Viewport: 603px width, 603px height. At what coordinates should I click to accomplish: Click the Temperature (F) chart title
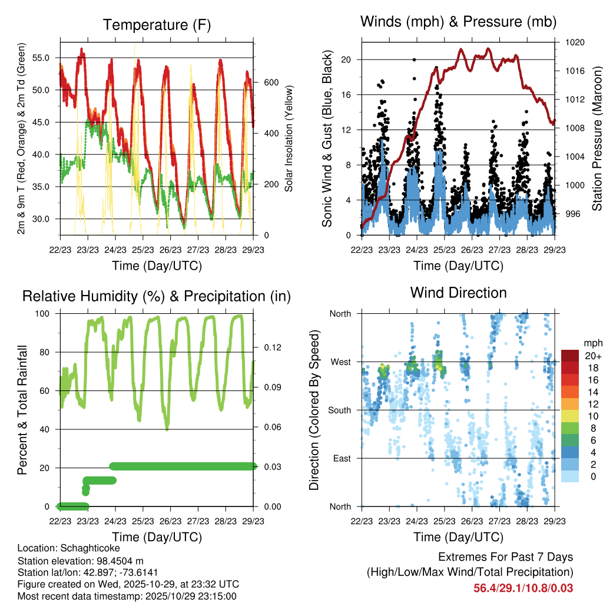[157, 25]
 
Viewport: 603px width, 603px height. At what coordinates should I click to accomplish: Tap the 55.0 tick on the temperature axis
[48, 58]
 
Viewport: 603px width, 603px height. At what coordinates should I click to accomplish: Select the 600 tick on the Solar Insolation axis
[270, 82]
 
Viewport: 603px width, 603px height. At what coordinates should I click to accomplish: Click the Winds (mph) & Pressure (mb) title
[458, 22]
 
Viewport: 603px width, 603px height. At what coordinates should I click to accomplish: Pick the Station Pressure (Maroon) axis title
[597, 138]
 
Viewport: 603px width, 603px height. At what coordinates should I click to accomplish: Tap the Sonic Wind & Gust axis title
[327, 140]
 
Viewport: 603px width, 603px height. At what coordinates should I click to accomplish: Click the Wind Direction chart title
[458, 292]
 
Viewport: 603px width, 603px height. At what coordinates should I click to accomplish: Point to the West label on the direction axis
[340, 362]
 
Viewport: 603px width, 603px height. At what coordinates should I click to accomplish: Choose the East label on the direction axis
[342, 458]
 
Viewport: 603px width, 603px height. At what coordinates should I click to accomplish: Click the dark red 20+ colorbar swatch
[569, 356]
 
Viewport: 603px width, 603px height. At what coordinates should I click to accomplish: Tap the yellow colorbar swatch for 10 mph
[569, 416]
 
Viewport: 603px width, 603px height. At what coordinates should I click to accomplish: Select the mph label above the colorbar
[592, 343]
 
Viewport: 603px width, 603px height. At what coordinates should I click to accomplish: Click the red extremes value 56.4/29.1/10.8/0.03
[523, 588]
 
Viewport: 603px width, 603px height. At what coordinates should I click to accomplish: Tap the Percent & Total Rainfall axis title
[23, 410]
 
